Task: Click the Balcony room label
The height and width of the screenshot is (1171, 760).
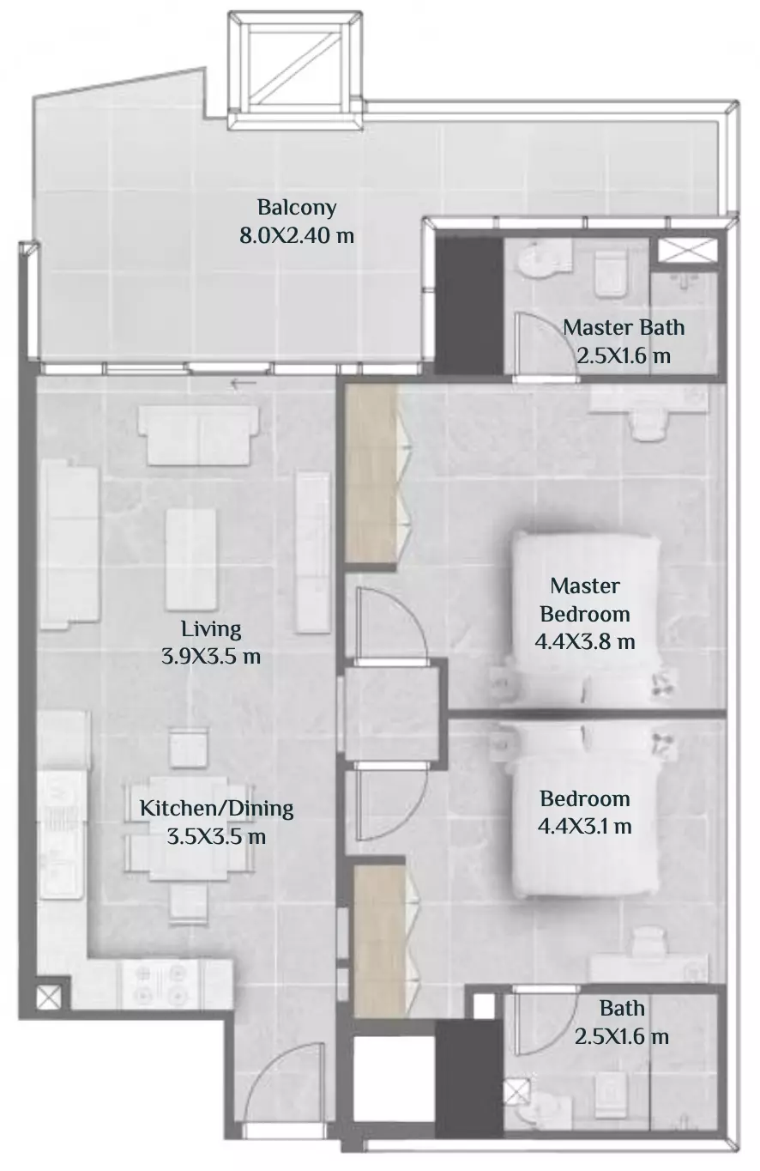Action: click(297, 208)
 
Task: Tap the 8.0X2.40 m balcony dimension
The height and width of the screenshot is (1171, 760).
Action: click(297, 236)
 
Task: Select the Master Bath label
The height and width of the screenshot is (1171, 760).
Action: click(623, 328)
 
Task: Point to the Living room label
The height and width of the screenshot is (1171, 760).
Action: click(211, 629)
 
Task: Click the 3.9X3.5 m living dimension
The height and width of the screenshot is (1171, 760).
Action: click(211, 657)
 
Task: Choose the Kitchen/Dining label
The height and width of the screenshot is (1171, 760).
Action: click(216, 809)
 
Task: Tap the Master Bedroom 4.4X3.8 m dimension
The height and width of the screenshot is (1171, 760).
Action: click(585, 641)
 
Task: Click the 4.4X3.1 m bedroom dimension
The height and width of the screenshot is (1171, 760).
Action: click(584, 826)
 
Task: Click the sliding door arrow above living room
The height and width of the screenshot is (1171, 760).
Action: click(244, 385)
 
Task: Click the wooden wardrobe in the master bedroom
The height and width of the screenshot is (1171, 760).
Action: click(371, 474)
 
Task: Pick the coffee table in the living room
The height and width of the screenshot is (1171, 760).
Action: click(191, 560)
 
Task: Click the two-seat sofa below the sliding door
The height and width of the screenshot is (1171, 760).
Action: click(197, 436)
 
